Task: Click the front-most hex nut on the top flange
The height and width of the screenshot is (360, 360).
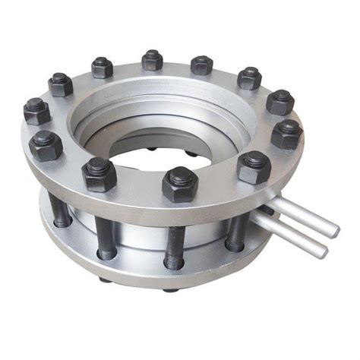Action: (180, 184)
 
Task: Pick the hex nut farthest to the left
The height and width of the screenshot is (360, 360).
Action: (36, 111)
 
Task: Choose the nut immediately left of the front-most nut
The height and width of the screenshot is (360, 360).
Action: (99, 174)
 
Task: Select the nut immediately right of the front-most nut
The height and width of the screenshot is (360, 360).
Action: (254, 166)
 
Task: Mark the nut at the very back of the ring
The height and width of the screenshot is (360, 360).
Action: (153, 59)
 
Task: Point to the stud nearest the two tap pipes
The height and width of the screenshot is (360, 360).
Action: (236, 224)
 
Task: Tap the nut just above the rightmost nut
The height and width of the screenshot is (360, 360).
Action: (279, 101)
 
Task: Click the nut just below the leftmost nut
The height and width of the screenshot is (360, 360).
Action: (45, 144)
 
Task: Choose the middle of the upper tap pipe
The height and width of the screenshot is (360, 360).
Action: (300, 216)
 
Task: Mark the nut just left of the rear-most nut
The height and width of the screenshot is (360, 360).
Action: (102, 67)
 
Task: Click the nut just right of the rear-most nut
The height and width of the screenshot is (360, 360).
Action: (201, 64)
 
